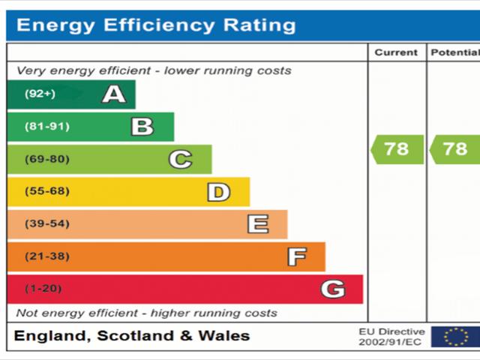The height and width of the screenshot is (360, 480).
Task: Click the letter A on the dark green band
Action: (x=114, y=94)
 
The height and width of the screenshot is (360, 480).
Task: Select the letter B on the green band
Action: (x=142, y=127)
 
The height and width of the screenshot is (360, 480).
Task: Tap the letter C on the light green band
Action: (x=180, y=159)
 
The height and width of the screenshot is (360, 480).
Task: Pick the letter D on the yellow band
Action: (x=218, y=192)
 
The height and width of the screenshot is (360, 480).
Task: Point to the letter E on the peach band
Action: (x=257, y=224)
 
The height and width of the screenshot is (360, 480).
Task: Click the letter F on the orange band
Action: (x=297, y=257)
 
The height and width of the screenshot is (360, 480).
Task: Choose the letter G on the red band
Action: (x=333, y=289)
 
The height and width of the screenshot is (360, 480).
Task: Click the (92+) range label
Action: (x=40, y=94)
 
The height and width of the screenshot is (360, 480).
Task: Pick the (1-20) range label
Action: (x=43, y=289)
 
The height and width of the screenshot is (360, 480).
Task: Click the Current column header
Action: (x=396, y=52)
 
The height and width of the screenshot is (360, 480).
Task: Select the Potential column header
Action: (x=454, y=52)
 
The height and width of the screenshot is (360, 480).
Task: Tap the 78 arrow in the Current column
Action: (x=397, y=149)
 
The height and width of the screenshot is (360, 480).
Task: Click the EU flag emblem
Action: (x=455, y=337)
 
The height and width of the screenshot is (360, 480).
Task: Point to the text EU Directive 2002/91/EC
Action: (x=391, y=337)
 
